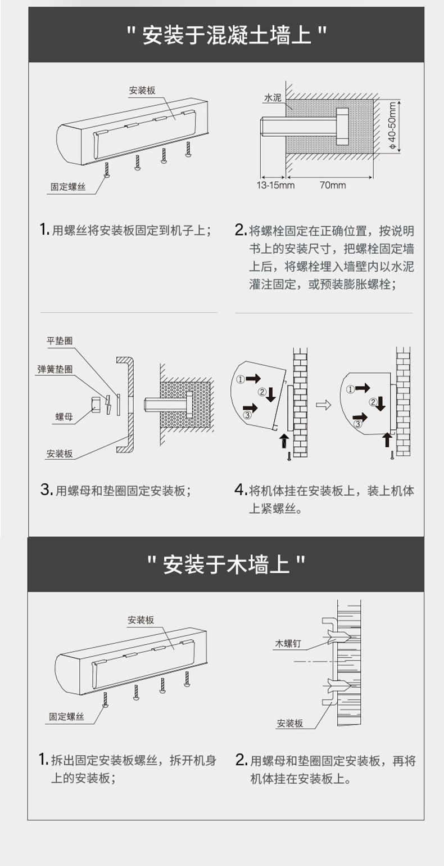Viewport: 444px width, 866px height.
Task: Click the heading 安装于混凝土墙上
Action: (226, 35)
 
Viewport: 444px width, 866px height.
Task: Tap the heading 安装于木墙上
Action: (226, 564)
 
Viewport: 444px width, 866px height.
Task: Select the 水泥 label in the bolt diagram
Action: (273, 98)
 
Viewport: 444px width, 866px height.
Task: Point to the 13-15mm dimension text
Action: (275, 185)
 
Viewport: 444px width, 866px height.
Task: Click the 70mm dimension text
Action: (333, 185)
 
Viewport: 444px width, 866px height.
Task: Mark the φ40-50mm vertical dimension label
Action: (392, 125)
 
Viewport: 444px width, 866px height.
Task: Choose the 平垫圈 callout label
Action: (60, 340)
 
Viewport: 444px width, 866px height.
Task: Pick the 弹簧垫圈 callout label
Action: (55, 369)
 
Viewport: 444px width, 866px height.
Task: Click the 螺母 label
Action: (64, 417)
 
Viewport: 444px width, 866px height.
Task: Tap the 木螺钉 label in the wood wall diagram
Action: (288, 643)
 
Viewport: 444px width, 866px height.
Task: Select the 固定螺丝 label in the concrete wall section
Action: (68, 187)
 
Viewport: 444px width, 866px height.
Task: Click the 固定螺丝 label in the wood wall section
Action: (66, 717)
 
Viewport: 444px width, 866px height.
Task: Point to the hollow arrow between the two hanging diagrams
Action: (324, 405)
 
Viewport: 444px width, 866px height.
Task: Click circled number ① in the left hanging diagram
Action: (241, 380)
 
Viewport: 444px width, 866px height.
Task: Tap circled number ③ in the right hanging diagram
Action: (358, 424)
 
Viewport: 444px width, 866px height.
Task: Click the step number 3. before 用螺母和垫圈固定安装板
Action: (46, 490)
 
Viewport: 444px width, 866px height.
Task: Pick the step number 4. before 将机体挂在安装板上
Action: (241, 490)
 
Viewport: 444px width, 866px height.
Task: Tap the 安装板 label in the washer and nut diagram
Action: (60, 454)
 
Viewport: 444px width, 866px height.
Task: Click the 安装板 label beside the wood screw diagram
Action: (289, 723)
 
